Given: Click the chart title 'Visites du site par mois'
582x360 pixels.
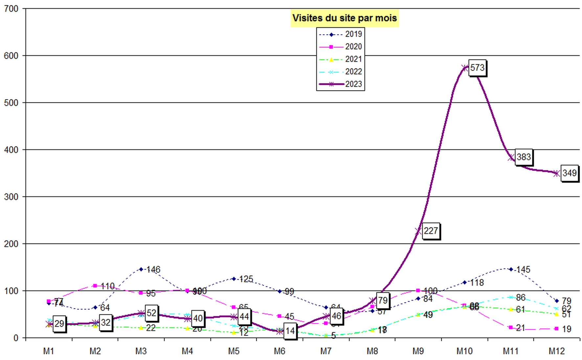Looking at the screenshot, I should [x=345, y=18].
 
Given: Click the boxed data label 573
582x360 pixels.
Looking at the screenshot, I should [x=477, y=68].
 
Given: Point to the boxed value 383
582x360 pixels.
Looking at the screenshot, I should [x=524, y=157].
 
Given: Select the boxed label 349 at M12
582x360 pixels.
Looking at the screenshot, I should [x=569, y=173].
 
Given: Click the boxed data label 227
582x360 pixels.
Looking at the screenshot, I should [x=431, y=231].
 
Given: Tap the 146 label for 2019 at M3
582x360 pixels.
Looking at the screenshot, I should [x=153, y=270].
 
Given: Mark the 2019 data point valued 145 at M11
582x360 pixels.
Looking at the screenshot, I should [x=511, y=269].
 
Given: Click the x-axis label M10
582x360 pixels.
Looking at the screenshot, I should [x=464, y=351].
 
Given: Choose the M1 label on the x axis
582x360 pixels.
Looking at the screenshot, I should [x=49, y=351].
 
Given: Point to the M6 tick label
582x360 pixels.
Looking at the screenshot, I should [x=280, y=351].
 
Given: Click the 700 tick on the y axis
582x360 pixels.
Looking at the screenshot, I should [x=11, y=9].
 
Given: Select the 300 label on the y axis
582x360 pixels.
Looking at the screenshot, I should [x=11, y=197].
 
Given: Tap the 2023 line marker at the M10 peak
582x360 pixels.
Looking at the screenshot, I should [x=465, y=68].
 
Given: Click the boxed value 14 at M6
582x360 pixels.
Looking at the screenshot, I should [x=290, y=331].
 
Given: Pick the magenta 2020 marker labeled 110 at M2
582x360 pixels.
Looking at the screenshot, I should [x=95, y=286].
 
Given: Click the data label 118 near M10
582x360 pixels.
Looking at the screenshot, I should [x=477, y=282].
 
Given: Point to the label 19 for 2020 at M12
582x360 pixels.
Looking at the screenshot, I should [x=567, y=329].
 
